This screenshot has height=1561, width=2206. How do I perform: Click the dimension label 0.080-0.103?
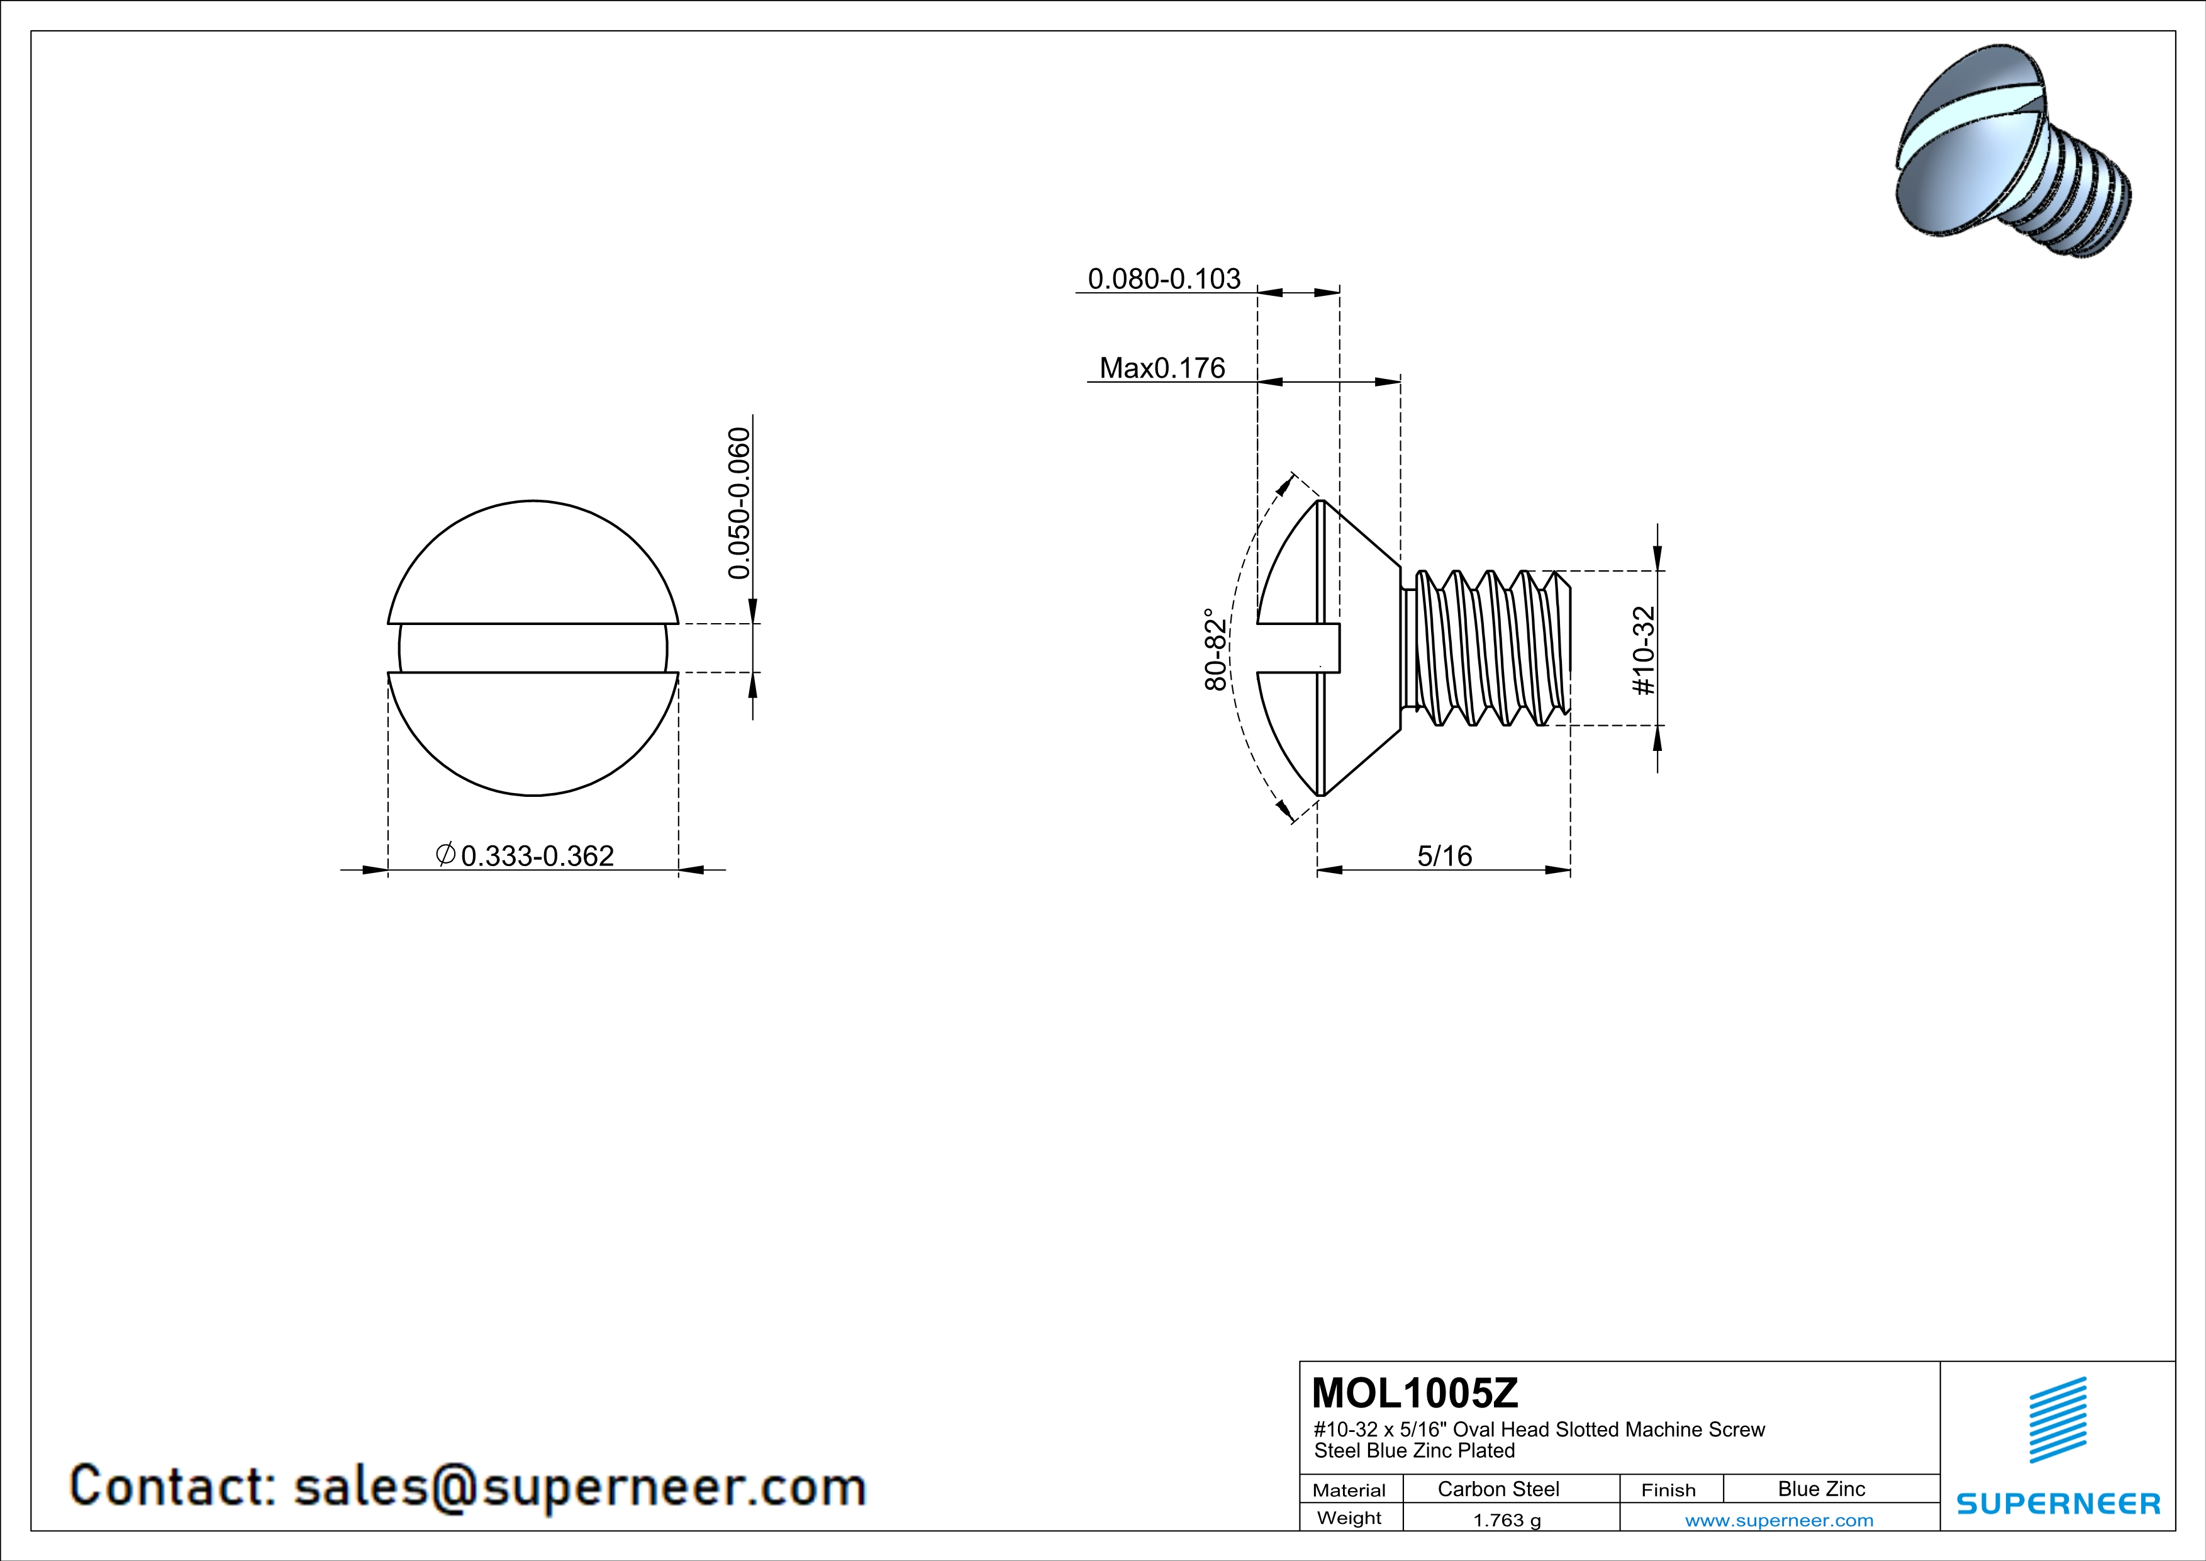click(x=1164, y=279)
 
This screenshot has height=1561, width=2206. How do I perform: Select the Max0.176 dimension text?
click(x=1162, y=368)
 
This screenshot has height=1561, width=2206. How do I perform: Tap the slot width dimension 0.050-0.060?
click(x=738, y=504)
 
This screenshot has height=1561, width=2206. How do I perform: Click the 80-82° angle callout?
click(x=1215, y=649)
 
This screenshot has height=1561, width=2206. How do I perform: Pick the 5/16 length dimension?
click(x=1444, y=855)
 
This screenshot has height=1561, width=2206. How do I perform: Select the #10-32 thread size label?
click(x=1644, y=650)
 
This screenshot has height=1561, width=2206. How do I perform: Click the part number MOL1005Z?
click(x=1414, y=1393)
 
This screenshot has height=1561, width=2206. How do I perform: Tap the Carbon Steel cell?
click(x=1498, y=1489)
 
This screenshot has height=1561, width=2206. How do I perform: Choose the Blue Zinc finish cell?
click(x=1820, y=1489)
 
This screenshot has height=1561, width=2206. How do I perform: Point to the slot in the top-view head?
click(x=533, y=648)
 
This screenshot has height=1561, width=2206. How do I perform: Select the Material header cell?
click(x=1349, y=1490)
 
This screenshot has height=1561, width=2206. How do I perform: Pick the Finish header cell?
click(x=1668, y=1490)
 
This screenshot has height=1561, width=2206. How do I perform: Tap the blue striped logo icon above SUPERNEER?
click(x=2057, y=1420)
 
